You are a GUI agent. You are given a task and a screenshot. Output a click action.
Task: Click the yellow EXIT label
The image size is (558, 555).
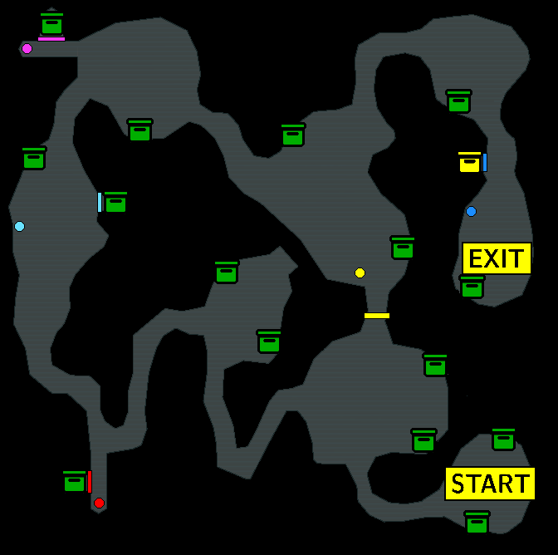(497, 258)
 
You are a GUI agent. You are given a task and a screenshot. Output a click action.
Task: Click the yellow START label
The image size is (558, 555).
(490, 484)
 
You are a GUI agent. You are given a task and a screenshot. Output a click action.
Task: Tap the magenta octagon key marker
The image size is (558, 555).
(27, 48)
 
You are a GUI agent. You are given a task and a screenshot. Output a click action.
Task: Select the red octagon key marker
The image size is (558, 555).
(99, 503)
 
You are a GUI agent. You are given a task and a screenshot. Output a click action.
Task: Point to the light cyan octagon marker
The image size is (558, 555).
(19, 226)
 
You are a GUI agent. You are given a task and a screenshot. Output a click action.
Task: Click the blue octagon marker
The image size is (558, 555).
(471, 212)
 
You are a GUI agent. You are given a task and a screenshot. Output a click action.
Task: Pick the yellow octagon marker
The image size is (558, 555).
(360, 273)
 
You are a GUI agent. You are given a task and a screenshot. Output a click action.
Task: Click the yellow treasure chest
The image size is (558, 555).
(469, 162)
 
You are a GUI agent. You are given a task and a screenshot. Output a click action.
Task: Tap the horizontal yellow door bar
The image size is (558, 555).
(377, 316)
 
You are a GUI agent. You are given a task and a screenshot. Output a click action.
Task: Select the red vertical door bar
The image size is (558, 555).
(90, 482)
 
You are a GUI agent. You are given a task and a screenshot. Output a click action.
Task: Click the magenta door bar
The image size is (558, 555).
(51, 39)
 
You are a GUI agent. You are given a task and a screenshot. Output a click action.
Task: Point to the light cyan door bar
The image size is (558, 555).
(100, 202)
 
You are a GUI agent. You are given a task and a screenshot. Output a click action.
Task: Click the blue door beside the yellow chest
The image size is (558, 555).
(485, 162)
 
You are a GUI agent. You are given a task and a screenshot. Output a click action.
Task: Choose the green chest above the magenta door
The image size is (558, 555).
(52, 24)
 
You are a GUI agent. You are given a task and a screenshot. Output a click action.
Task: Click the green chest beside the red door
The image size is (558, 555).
(75, 481)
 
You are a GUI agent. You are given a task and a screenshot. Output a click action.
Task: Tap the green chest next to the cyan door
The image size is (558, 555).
(115, 202)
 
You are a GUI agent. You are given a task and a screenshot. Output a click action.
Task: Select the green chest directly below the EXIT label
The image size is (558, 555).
(472, 287)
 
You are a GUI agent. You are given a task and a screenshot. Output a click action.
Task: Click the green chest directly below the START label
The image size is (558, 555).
(477, 523)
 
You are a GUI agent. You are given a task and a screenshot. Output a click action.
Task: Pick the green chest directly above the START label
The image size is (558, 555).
(503, 440)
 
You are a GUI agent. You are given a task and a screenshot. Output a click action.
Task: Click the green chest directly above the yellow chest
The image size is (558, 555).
(458, 101)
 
